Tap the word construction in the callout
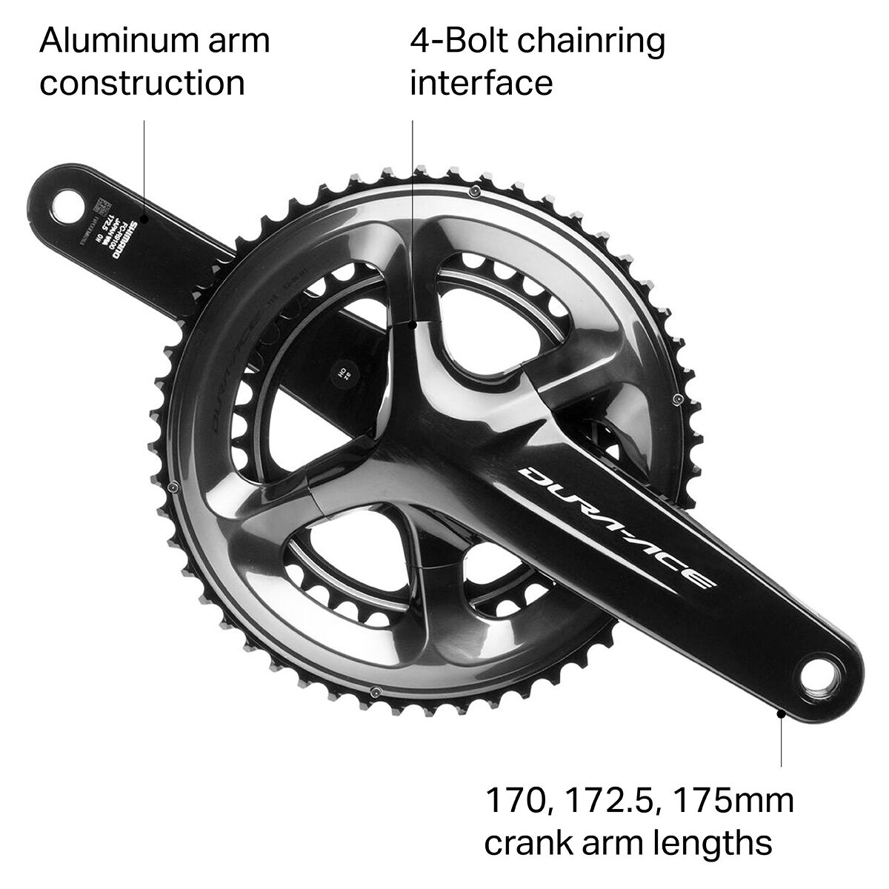pos(142,83)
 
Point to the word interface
pos(482,82)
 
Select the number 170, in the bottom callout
pos(513,802)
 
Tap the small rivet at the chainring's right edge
pos(676,400)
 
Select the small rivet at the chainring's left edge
pos(173,487)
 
